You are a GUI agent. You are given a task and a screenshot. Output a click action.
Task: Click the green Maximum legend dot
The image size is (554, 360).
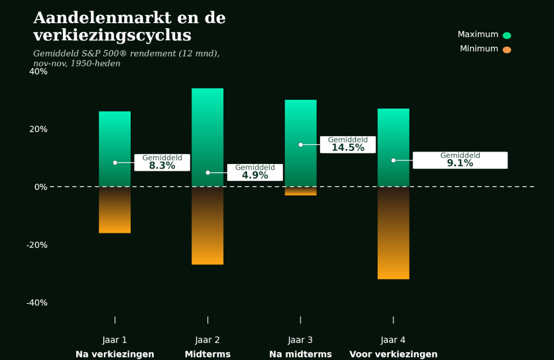(x=507, y=35)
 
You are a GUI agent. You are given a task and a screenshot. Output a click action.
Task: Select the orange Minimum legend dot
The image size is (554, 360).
(x=507, y=50)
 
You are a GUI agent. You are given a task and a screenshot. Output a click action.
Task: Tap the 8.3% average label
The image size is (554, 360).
(x=162, y=163)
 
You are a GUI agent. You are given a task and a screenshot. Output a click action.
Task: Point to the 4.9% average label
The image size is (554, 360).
(x=255, y=172)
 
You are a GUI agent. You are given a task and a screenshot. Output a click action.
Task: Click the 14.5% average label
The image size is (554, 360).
(x=348, y=145)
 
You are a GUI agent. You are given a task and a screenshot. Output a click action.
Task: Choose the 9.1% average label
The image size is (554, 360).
(x=460, y=160)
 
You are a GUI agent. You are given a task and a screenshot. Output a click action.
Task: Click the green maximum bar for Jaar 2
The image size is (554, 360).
(x=208, y=137)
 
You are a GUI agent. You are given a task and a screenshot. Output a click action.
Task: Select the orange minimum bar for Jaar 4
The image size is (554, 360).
(x=394, y=233)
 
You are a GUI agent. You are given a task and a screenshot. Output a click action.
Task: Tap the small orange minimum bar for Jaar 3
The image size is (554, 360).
(x=301, y=191)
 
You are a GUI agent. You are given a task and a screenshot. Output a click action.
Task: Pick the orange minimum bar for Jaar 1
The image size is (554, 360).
(x=115, y=210)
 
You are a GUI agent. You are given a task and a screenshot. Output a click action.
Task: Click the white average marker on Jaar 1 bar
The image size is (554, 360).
(x=115, y=163)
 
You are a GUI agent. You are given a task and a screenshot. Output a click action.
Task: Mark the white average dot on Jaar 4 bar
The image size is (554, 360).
(x=394, y=160)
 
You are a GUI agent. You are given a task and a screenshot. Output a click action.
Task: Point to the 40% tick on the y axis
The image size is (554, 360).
(x=39, y=71)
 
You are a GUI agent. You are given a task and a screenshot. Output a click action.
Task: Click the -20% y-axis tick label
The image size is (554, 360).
(x=37, y=245)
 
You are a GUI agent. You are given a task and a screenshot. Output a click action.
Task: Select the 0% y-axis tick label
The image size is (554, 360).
(x=41, y=187)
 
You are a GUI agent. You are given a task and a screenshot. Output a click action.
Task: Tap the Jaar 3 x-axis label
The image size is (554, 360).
(x=300, y=340)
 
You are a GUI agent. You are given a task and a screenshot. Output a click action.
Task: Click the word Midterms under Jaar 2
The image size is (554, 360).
(x=208, y=354)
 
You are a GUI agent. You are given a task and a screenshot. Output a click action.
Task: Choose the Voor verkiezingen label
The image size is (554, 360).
(x=394, y=354)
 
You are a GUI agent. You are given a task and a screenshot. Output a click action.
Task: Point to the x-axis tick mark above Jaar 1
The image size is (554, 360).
(x=115, y=320)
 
